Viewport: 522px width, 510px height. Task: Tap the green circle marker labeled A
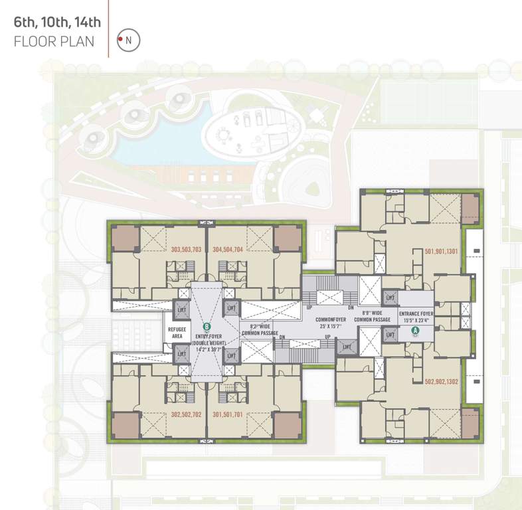click(416, 329)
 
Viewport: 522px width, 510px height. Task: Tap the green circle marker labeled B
click(207, 326)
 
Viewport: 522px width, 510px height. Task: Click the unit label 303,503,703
click(186, 250)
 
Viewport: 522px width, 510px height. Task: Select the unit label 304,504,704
click(227, 250)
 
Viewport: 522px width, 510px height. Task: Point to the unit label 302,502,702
click(186, 414)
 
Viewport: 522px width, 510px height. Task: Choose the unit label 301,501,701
click(227, 414)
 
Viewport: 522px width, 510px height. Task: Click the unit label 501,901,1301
click(441, 251)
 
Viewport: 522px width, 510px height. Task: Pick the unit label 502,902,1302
click(441, 382)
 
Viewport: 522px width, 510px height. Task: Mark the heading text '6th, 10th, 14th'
click(57, 23)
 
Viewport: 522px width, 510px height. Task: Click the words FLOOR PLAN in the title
click(54, 41)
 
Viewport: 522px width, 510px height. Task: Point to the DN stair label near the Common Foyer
click(351, 308)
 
